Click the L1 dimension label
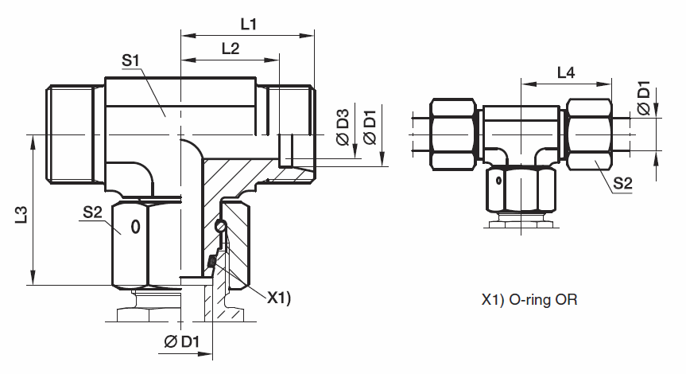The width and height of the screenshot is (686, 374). click(x=249, y=24)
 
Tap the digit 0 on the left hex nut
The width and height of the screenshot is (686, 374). click(x=134, y=228)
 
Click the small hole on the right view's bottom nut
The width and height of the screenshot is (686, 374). click(x=498, y=181)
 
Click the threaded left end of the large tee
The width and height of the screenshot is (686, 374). click(x=69, y=134)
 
